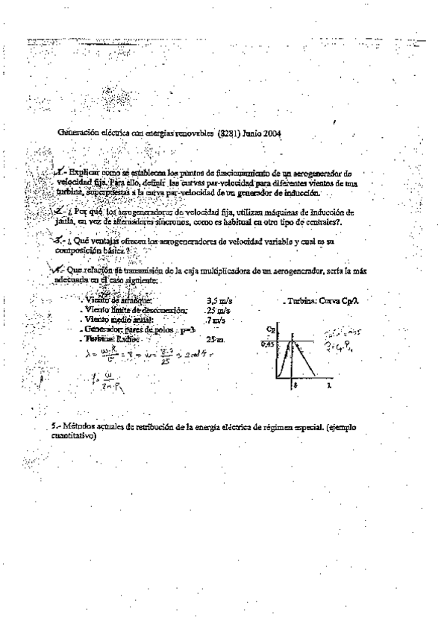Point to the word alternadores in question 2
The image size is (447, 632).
(127, 221)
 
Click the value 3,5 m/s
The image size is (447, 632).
(218, 300)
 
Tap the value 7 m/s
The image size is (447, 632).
(216, 320)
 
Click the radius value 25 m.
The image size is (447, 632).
(216, 338)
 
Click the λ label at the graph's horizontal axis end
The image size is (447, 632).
(329, 388)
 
